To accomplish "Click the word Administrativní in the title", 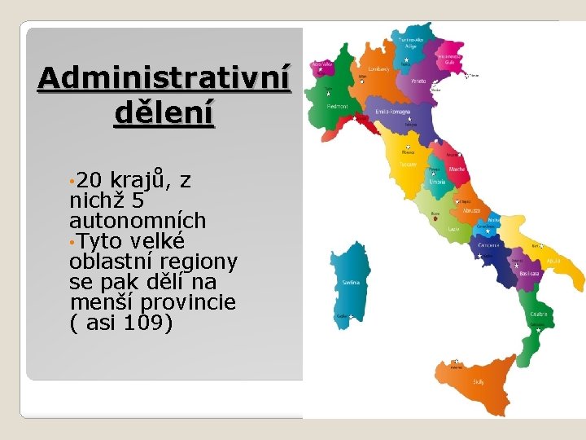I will pyautogui.click(x=164, y=80).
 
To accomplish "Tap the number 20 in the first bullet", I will pyautogui.click(x=92, y=180).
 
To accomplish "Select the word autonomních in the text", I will pyautogui.click(x=138, y=221).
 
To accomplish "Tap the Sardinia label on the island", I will pyautogui.click(x=351, y=283).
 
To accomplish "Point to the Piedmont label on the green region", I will pyautogui.click(x=338, y=105).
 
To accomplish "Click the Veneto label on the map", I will pyautogui.click(x=418, y=81).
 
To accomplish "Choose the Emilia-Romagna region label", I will pyautogui.click(x=392, y=111).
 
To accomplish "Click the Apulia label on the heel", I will pyautogui.click(x=553, y=261).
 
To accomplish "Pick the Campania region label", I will pyautogui.click(x=488, y=244).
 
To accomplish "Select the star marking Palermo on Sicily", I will pyautogui.click(x=457, y=362).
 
